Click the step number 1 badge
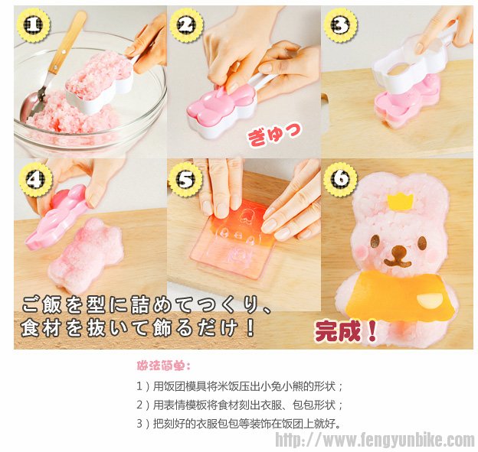pyautogui.click(x=34, y=25)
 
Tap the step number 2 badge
pyautogui.click(x=187, y=25)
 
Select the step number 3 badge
pyautogui.click(x=340, y=25)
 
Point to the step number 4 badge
pyautogui.click(x=36, y=180)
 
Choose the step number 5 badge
pyautogui.click(x=185, y=180)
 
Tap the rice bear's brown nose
pyautogui.click(x=400, y=252)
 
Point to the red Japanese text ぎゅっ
pyautogui.click(x=273, y=135)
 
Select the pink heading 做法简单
pyautogui.click(x=164, y=366)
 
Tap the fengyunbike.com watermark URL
pyautogui.click(x=375, y=440)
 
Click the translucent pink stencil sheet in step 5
pyautogui.click(x=234, y=239)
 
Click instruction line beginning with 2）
pyautogui.click(x=240, y=405)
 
